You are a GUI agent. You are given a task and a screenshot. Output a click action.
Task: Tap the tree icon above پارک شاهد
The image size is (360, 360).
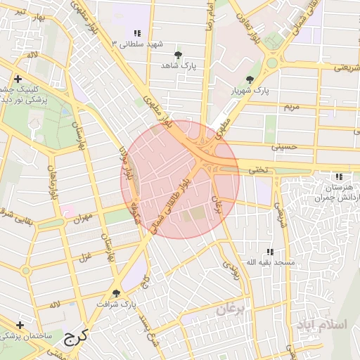coord(177,54)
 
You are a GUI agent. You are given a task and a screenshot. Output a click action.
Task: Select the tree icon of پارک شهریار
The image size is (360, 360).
coord(250,79)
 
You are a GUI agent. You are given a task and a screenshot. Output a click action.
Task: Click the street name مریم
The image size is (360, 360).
coord(290,107)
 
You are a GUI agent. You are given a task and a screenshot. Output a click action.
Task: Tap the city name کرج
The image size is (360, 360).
coord(73,337)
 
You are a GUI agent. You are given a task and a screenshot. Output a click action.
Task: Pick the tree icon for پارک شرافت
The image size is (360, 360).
coord(117,292)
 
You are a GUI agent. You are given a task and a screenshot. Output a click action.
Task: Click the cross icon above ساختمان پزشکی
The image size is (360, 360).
coord(20,325)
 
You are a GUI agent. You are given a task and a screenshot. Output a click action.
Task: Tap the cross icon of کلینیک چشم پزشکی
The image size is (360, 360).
coord(18,79)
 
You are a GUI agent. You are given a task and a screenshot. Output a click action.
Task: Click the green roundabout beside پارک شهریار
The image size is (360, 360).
coord(273,63)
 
